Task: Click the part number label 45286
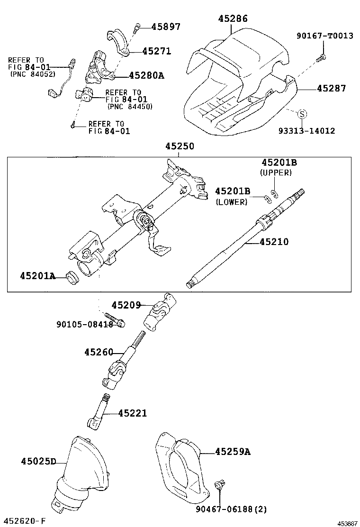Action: click(x=233, y=18)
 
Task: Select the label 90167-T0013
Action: click(x=325, y=36)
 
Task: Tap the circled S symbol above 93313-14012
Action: click(x=302, y=114)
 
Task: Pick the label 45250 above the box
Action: click(x=180, y=147)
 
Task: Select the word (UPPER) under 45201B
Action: click(x=276, y=173)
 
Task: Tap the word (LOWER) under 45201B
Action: click(x=232, y=202)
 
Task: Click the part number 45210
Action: click(x=274, y=242)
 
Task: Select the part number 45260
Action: click(x=99, y=352)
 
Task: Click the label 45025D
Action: click(x=38, y=461)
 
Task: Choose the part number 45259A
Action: click(x=233, y=452)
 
